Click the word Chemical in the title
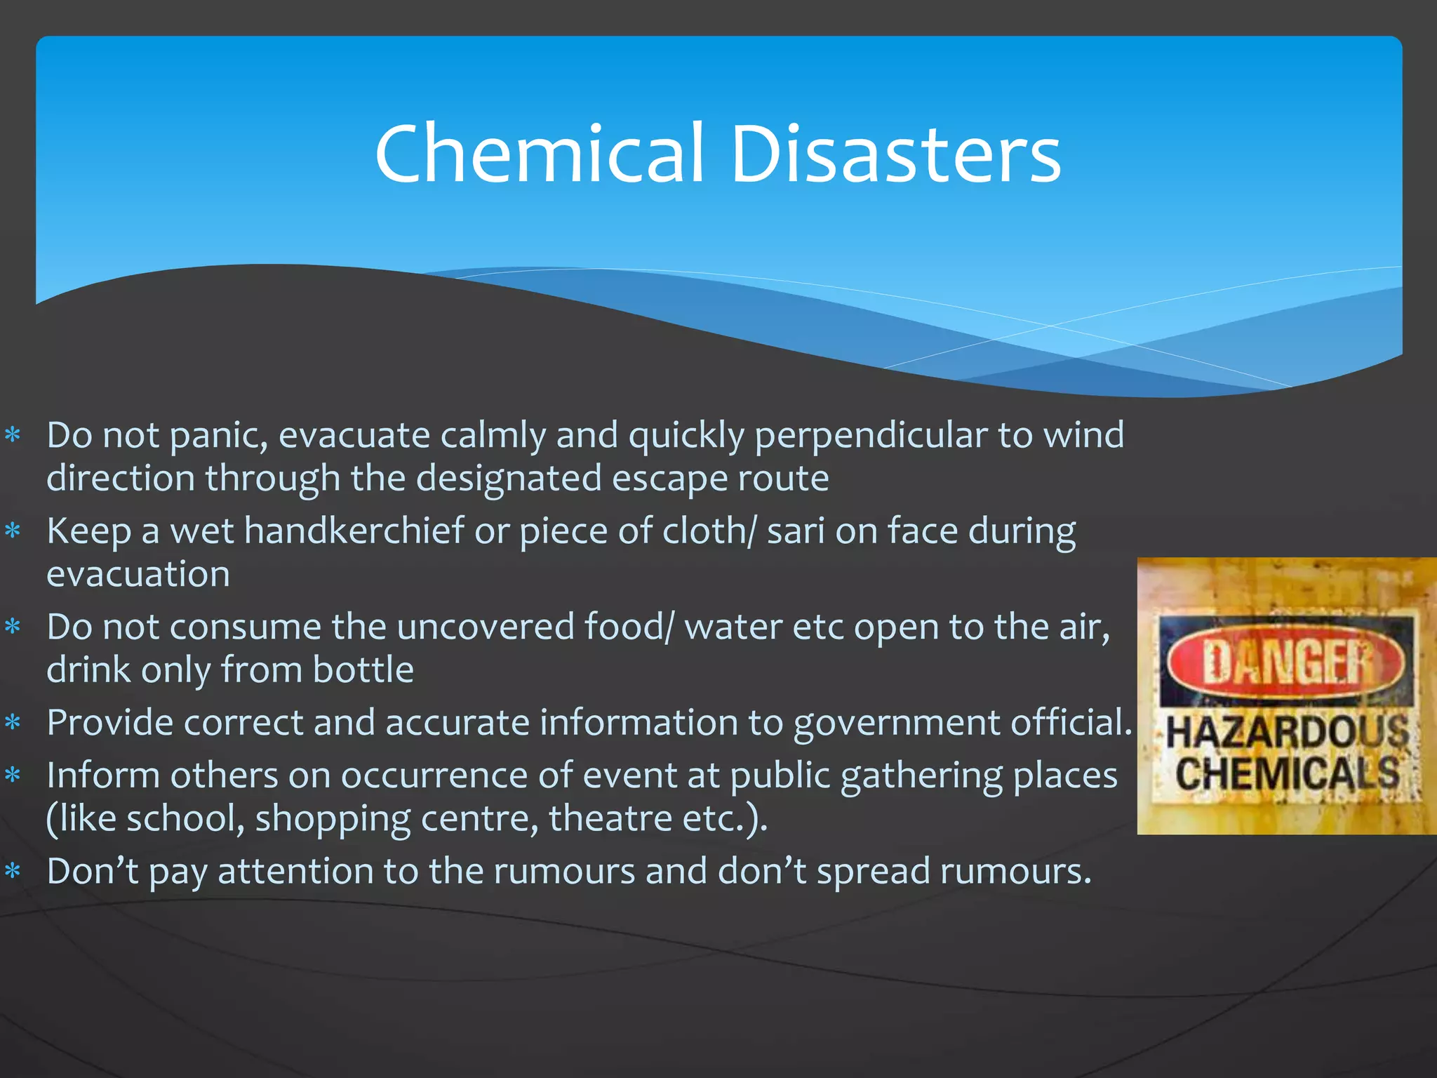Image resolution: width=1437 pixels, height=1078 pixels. (539, 154)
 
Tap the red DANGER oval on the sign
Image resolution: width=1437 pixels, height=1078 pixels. (1286, 662)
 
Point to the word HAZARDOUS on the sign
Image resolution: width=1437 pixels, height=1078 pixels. (1288, 732)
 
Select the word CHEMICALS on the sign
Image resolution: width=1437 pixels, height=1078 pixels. (1288, 773)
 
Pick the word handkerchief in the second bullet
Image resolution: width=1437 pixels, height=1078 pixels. (354, 531)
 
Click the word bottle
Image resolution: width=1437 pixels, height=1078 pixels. (363, 670)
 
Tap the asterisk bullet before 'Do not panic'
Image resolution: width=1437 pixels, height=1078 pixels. (13, 435)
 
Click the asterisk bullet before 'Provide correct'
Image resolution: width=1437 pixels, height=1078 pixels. (13, 722)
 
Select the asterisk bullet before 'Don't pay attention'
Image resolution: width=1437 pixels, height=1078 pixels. (13, 872)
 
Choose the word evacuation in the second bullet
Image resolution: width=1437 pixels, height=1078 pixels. (138, 575)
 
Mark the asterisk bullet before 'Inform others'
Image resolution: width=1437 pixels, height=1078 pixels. (13, 776)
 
